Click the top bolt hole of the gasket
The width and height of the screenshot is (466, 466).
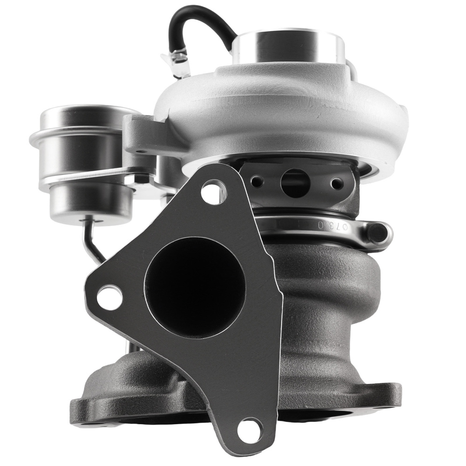click(211, 191)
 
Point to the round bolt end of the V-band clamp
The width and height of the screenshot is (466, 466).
click(378, 232)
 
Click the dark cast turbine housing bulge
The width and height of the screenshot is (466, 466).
click(326, 289)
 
